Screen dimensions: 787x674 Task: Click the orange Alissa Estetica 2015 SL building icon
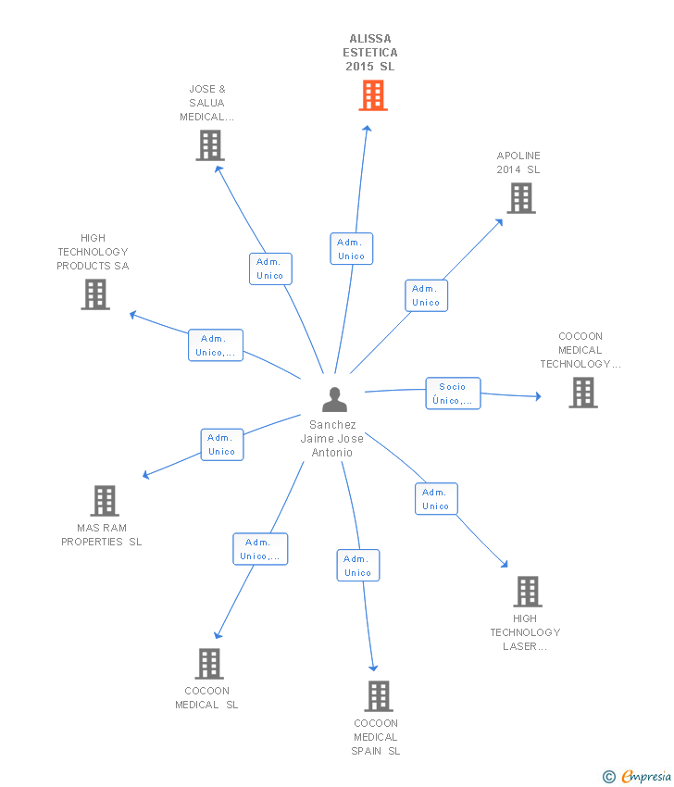click(x=373, y=94)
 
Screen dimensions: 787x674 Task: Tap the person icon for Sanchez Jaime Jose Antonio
click(x=334, y=399)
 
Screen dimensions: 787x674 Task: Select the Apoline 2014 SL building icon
click(x=520, y=197)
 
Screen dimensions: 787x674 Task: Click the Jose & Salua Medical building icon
click(x=210, y=145)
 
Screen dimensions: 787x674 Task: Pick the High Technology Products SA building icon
click(x=95, y=294)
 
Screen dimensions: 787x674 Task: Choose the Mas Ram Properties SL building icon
click(x=105, y=501)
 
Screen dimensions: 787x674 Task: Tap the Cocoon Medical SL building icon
click(x=209, y=663)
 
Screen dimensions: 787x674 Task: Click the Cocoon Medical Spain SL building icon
click(x=378, y=695)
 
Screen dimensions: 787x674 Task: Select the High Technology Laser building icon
click(x=527, y=591)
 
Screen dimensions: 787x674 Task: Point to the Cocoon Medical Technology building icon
click(x=582, y=393)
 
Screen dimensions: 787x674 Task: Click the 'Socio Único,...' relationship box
click(x=453, y=393)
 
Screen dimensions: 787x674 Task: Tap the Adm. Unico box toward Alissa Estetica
click(x=352, y=249)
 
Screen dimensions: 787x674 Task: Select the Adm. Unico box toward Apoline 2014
click(x=426, y=295)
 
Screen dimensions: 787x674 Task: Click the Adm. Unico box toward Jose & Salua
click(x=270, y=269)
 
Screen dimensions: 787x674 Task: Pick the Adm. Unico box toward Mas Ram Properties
click(x=222, y=444)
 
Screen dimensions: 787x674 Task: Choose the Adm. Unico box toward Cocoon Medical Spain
click(x=357, y=566)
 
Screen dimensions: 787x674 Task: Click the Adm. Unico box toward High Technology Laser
click(x=435, y=499)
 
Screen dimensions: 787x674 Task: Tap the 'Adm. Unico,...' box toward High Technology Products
click(x=216, y=345)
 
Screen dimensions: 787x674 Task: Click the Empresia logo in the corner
click(x=637, y=776)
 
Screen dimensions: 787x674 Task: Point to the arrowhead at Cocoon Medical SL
click(x=217, y=635)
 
